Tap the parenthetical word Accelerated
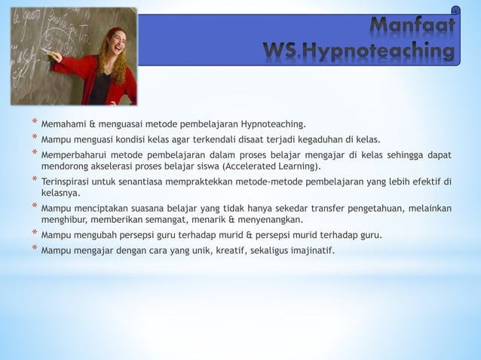[250, 166]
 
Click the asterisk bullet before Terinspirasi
[34, 181]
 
